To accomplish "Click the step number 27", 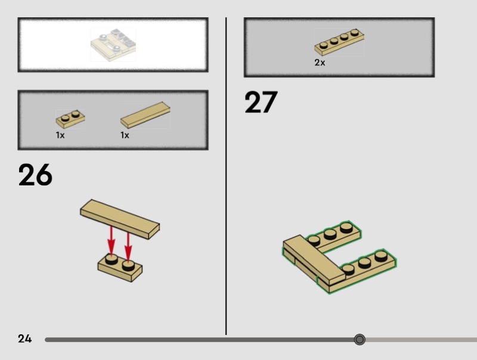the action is click(x=261, y=102).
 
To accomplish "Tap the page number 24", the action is click(x=24, y=339).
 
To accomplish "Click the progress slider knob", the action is click(x=360, y=339).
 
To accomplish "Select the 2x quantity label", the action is click(x=320, y=63).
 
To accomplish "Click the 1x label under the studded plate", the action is click(x=60, y=135).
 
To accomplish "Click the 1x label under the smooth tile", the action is click(x=125, y=135).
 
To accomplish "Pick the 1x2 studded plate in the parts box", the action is click(x=70, y=119).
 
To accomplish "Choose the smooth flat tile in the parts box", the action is click(x=145, y=115).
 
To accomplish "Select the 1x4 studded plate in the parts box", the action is click(x=339, y=42).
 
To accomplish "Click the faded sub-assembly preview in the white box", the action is click(x=113, y=45).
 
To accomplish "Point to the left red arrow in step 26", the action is click(x=111, y=242).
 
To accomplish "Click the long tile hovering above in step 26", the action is click(x=120, y=219).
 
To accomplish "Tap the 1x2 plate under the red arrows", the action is click(x=120, y=267).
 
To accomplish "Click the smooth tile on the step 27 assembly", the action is click(x=315, y=259).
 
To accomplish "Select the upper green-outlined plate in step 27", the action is click(x=334, y=237).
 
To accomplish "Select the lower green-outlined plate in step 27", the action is click(x=357, y=271).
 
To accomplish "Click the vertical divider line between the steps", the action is click(x=226, y=176).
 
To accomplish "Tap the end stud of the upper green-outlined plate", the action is click(x=346, y=228).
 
